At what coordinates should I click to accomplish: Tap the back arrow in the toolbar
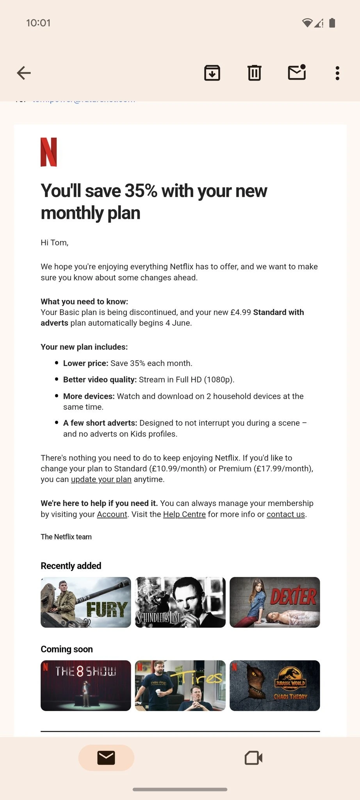(x=24, y=73)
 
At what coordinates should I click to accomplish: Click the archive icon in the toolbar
(x=212, y=73)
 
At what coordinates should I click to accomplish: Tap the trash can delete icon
(x=254, y=73)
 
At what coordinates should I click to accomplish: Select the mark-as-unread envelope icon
(x=297, y=73)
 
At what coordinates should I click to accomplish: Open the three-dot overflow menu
(x=337, y=73)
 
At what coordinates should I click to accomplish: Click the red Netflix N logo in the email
(x=49, y=152)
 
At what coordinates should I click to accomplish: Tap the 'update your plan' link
(x=101, y=479)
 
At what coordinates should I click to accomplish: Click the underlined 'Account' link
(x=112, y=514)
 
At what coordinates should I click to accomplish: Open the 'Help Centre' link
(x=184, y=514)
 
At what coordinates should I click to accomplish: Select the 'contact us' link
(x=286, y=514)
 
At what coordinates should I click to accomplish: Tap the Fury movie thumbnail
(x=86, y=602)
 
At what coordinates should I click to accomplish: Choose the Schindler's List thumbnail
(x=180, y=602)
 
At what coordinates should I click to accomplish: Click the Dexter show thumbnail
(x=275, y=602)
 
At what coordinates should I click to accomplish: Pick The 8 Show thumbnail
(x=86, y=686)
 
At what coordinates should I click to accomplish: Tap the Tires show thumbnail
(x=180, y=686)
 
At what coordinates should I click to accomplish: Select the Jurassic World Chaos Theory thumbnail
(x=275, y=686)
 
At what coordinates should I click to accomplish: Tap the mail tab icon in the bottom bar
(x=106, y=758)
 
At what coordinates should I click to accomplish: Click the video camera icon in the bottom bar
(x=253, y=758)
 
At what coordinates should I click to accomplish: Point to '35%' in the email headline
(x=141, y=191)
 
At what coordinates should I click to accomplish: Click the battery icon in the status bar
(x=332, y=23)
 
